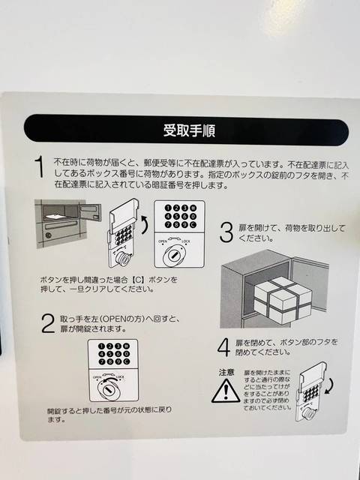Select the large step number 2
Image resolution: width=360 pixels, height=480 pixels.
point(46,324)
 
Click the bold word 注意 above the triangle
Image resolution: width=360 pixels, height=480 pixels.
point(226,371)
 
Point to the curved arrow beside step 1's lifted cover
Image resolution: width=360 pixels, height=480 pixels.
point(143,224)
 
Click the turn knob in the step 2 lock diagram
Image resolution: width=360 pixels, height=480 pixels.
point(107,391)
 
